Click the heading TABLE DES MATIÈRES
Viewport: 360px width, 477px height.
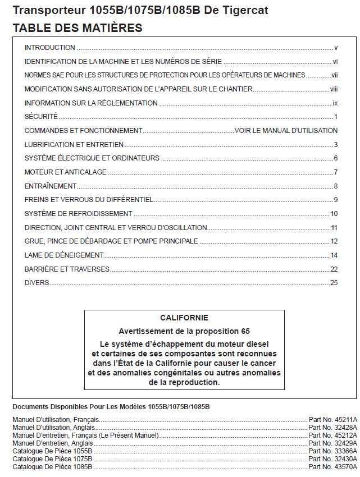click(78, 27)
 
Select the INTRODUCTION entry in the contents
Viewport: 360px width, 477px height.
click(50, 48)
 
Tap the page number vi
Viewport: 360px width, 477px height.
click(335, 62)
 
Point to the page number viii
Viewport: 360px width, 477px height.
click(334, 89)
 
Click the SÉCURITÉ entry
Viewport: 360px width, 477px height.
click(41, 117)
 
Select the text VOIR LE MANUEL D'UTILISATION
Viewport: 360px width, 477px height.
click(286, 131)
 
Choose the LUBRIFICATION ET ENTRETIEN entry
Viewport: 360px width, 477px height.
click(66, 144)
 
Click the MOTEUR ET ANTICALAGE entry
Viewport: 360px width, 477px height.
click(65, 172)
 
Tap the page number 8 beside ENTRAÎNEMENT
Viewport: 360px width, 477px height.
click(335, 186)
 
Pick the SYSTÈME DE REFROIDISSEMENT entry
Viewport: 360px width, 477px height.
click(79, 214)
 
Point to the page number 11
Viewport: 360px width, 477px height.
click(334, 227)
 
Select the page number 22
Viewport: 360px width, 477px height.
click(334, 269)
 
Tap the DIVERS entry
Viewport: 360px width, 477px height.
click(37, 283)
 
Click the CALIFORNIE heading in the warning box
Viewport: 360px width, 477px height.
click(184, 318)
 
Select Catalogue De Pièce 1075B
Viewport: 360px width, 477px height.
click(52, 458)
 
